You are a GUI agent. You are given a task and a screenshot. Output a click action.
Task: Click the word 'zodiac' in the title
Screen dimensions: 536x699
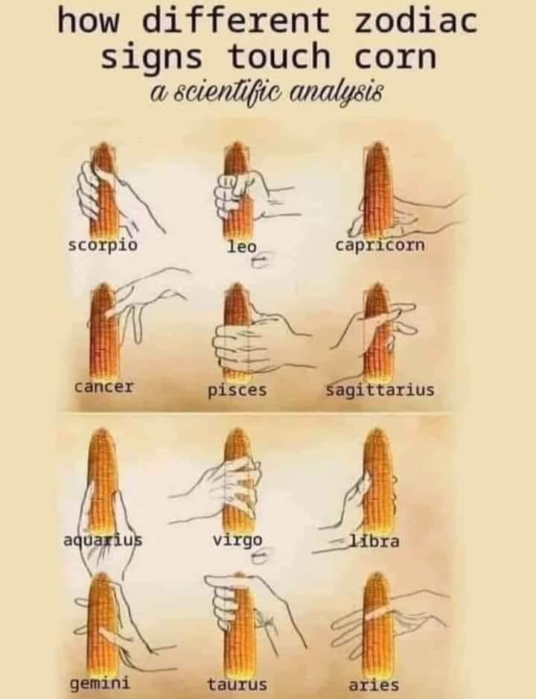coord(415,21)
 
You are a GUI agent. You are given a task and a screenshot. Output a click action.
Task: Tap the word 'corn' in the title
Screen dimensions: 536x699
coord(395,57)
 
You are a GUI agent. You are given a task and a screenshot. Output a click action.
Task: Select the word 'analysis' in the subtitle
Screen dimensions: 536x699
coord(336,92)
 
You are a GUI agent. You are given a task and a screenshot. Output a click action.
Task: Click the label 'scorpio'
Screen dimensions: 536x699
coord(103,246)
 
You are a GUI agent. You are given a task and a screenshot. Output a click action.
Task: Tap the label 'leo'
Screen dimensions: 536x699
coord(242,246)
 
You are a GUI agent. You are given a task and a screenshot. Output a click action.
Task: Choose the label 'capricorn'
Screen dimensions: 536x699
coord(380,246)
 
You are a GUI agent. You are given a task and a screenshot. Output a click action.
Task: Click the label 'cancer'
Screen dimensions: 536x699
coord(103,387)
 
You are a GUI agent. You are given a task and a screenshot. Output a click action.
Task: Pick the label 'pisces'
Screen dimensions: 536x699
coord(237,390)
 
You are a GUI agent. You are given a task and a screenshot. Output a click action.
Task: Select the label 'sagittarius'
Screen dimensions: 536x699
coord(380,390)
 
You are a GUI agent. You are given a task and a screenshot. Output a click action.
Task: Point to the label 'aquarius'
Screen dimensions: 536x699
coord(103,541)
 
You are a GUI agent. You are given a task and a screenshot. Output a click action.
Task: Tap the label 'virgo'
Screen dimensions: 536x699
coord(237,541)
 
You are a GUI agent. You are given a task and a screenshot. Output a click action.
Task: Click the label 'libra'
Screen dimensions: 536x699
coord(374,541)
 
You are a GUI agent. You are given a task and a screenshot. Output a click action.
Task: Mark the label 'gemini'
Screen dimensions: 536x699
coord(100,683)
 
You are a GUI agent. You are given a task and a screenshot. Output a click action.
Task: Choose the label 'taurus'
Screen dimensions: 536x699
coord(237,684)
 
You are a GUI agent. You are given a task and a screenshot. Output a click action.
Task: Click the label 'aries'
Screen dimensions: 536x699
coord(374,685)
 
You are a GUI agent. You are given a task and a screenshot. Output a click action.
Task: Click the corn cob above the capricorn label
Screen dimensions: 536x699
coord(378,189)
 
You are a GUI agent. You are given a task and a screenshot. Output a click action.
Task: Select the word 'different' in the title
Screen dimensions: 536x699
coord(237,21)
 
